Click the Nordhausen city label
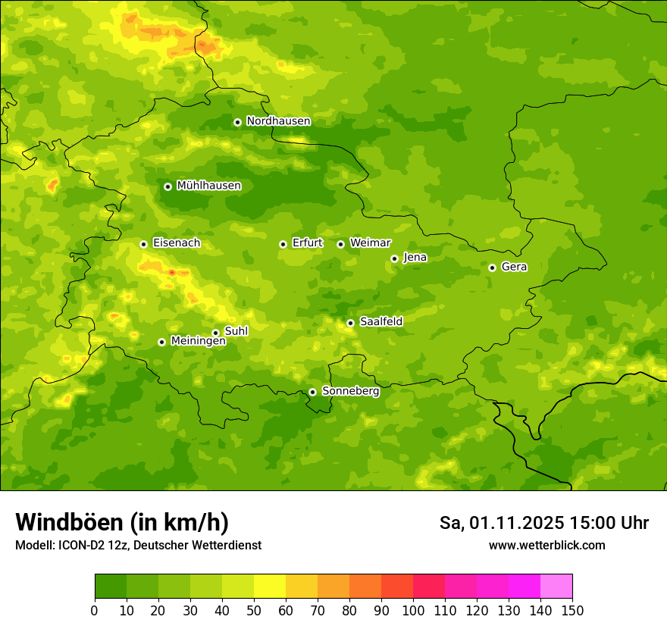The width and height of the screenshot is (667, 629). point(278,121)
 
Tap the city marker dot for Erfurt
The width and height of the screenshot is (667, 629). point(283,244)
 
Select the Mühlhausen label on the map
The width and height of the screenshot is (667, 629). point(208,186)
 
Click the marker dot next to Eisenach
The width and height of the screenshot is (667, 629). point(143,244)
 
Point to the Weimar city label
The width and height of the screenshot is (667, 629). point(370,243)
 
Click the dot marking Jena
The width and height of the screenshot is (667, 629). point(394,258)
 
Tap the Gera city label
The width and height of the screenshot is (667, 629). point(514,267)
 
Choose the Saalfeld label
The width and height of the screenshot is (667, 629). point(380,322)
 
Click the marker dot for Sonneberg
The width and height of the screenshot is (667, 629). point(312,392)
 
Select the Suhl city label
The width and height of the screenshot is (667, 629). point(236,331)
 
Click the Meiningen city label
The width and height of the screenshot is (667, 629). point(198,341)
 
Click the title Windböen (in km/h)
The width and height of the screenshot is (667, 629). point(122,522)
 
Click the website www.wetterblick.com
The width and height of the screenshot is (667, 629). point(546,545)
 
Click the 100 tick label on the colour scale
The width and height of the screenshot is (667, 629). point(413,610)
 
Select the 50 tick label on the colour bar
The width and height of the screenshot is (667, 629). point(254,610)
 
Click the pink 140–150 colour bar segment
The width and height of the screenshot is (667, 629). point(556,587)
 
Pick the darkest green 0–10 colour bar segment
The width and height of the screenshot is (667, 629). point(111,587)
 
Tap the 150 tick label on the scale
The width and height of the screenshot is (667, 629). point(571,610)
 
